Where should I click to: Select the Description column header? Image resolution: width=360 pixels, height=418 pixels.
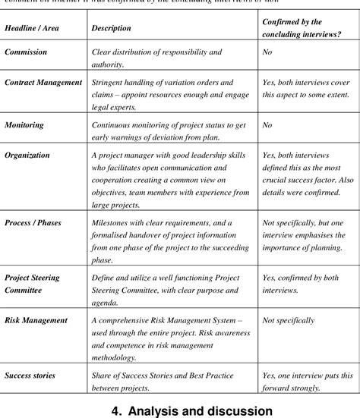coord(111,28)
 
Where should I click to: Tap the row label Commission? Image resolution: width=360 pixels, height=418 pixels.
coord(26,52)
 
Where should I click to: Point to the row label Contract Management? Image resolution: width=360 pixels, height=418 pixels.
coord(43,80)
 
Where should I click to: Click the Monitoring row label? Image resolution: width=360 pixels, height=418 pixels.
coord(24,124)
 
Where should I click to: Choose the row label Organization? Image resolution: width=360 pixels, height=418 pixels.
coord(27,156)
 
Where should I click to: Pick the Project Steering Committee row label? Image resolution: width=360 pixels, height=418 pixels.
coord(33,284)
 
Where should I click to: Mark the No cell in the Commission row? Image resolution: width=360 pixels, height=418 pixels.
coord(267,52)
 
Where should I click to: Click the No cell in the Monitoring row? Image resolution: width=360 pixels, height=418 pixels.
coord(267,124)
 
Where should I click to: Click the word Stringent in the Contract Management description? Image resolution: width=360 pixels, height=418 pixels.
coord(110,80)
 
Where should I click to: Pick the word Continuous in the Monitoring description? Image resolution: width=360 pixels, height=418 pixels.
coord(113,124)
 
